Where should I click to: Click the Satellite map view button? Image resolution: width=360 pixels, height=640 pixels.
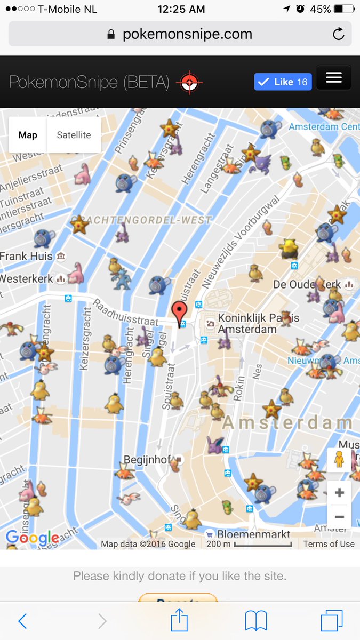(74, 135)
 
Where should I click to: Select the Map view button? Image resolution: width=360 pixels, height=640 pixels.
(28, 135)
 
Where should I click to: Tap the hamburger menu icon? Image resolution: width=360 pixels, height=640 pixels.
(334, 78)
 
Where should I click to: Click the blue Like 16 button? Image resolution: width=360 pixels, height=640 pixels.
(283, 82)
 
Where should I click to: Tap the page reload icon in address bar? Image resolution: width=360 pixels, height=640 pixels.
(338, 35)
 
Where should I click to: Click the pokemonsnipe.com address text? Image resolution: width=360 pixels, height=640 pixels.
(187, 35)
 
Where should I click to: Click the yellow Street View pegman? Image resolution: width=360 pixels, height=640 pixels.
(339, 460)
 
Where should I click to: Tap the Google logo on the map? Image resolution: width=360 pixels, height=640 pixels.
(33, 538)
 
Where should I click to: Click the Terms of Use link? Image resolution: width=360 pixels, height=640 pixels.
(329, 544)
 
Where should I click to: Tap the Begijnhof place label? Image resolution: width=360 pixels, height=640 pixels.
(147, 459)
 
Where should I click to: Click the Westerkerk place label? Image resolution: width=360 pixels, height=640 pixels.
(27, 279)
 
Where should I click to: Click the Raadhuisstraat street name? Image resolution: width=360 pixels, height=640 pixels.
(125, 313)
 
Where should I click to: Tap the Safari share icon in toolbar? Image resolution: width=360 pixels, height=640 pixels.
(180, 621)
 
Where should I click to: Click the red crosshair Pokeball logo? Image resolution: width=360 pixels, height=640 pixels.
(189, 82)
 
